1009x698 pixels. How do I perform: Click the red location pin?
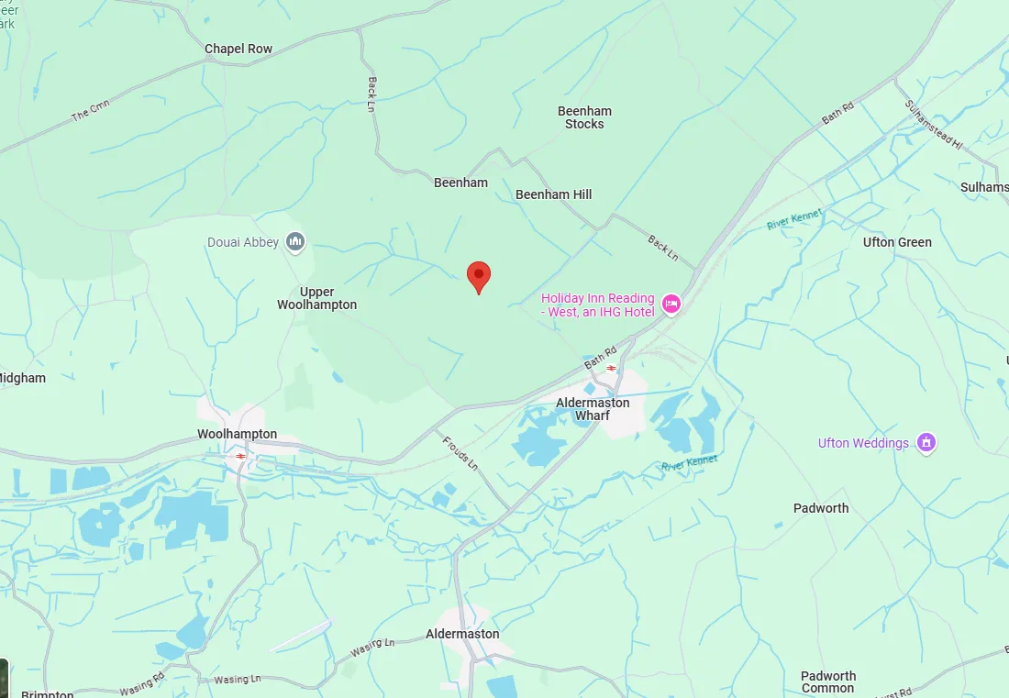(x=478, y=276)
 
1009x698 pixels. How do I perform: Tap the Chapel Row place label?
(x=238, y=49)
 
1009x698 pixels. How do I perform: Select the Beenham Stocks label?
(x=584, y=117)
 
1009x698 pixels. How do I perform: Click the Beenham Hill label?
(x=553, y=194)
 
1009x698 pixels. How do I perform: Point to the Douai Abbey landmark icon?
(x=295, y=242)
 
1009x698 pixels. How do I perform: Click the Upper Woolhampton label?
(x=316, y=298)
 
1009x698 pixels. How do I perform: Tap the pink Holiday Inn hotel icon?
(x=671, y=304)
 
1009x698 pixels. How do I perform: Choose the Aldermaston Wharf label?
(x=593, y=409)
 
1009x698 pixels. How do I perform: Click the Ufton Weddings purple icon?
(x=926, y=443)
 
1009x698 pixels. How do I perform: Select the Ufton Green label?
(x=897, y=242)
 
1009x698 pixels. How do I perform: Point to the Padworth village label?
(x=821, y=508)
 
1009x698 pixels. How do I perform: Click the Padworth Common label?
(x=827, y=681)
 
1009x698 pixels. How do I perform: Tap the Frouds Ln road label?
(x=460, y=451)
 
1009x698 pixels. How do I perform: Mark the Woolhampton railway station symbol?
(x=240, y=455)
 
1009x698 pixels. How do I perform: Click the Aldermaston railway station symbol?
(x=611, y=368)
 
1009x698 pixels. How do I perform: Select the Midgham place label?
(x=22, y=378)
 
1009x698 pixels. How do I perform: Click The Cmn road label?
(x=90, y=113)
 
